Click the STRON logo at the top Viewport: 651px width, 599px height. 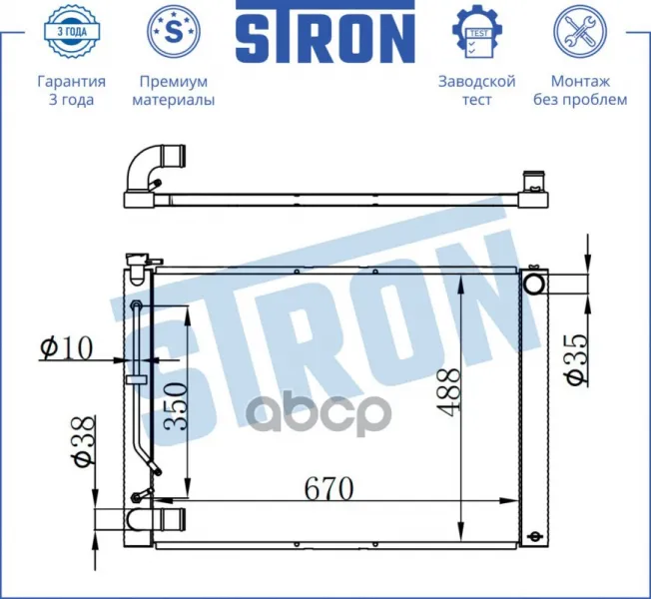point(325,32)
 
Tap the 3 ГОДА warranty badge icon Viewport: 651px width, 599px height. point(72,31)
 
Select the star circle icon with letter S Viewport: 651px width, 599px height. point(174,31)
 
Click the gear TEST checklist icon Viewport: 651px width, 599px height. point(477,32)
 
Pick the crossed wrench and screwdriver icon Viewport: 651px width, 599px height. point(580,31)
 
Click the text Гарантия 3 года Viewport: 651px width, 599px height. point(72,90)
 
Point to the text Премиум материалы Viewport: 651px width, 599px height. point(174,90)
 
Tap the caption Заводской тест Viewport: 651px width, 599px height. point(477,90)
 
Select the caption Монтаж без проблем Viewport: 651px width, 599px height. point(580,90)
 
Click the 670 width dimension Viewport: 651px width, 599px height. point(329,488)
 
